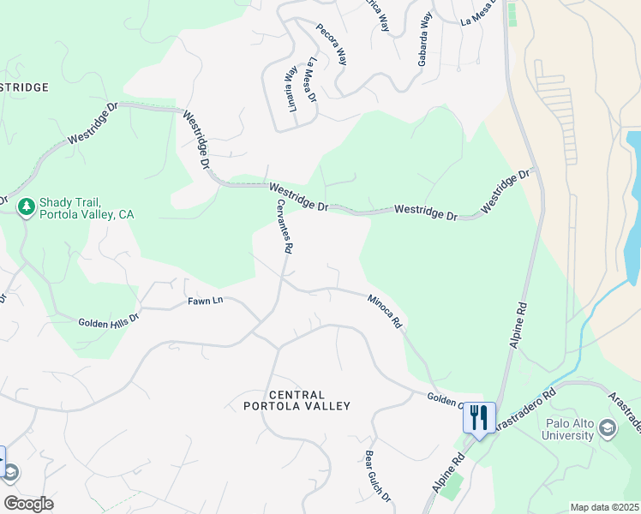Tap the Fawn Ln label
[x=205, y=302]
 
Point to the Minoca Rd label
[x=385, y=313]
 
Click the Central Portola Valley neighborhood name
[x=297, y=399]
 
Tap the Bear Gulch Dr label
[x=378, y=476]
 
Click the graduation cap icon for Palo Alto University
[x=607, y=427]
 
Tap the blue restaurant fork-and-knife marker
[x=479, y=418]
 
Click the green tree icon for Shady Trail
[x=27, y=206]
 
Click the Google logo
[x=28, y=503]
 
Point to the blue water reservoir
[x=632, y=206]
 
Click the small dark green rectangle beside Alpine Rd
[x=513, y=14]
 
